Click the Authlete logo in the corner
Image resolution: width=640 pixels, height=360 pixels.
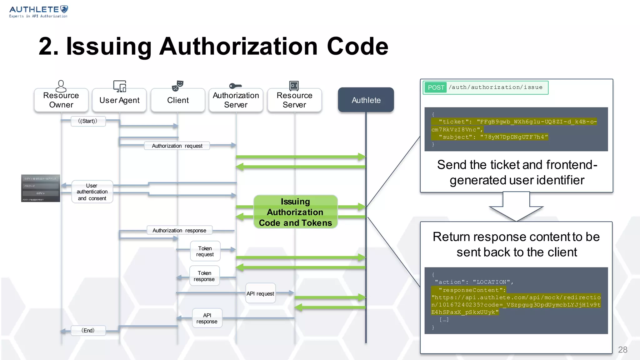pos(38,12)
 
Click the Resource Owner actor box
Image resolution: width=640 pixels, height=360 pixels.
pos(61,100)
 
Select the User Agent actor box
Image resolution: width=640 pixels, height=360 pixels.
pos(119,100)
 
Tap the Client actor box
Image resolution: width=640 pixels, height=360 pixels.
pos(178,100)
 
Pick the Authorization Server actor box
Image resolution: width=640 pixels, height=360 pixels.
pos(236,100)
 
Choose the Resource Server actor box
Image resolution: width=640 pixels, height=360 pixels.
pos(294,100)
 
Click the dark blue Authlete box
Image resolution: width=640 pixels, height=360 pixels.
pos(366,100)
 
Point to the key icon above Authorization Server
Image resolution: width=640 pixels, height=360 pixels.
pos(235,86)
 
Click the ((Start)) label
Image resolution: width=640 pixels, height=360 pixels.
pos(88,121)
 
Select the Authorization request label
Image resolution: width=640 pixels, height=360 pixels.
pos(177,146)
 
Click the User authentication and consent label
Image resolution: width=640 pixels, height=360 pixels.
pos(92,192)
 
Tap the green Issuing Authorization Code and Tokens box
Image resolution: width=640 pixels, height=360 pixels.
pos(295,212)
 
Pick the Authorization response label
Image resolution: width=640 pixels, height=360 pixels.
pos(179,231)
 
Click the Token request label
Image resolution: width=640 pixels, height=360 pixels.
pos(205,251)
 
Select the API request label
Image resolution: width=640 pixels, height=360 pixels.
pos(260,293)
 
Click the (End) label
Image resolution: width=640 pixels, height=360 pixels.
pos(88,331)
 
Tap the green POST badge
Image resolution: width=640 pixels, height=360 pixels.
pos(436,87)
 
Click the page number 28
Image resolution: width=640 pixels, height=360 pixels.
pos(622,350)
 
